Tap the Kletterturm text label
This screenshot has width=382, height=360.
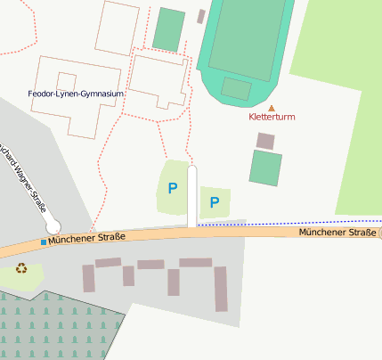pos(272,118)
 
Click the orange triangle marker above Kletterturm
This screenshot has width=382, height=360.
pos(272,107)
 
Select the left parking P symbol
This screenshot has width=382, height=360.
pos(173,188)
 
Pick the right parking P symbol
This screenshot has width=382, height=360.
pos(215,202)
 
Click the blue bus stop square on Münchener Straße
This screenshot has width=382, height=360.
pos(43,241)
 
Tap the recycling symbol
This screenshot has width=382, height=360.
pos(21,267)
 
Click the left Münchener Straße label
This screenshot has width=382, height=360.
pos(86,239)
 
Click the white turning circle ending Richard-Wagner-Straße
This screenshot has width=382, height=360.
pos(53,225)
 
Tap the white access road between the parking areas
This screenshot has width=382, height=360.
pos(191,196)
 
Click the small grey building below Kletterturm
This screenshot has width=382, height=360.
pos(265,140)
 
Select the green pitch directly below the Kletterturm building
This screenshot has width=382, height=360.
pos(265,168)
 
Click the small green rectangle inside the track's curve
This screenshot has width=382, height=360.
pos(236,88)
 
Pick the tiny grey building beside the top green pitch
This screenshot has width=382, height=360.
pos(201,16)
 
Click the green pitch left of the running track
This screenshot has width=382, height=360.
pos(168,29)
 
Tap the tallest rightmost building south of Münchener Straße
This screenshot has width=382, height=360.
pos(220,289)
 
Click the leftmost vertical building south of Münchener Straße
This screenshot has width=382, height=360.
pos(88,278)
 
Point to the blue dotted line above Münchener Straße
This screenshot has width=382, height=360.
pos(294,222)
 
